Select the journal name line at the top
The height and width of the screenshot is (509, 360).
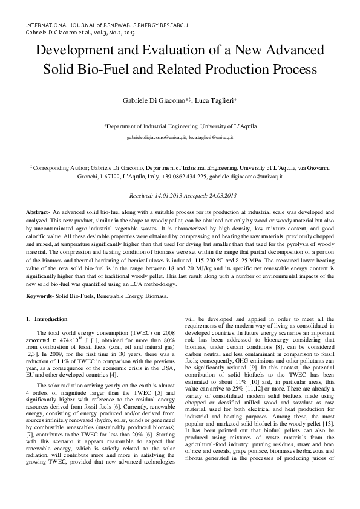click(x=106, y=25)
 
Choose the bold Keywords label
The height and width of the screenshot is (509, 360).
click(x=39, y=295)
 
